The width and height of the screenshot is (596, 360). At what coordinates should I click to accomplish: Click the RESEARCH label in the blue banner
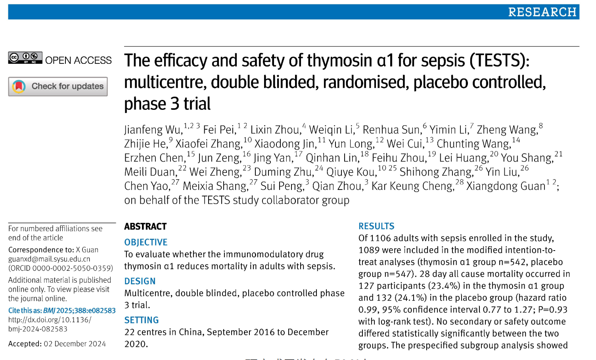click(x=542, y=12)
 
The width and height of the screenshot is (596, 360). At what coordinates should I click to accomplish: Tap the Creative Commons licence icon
click(x=25, y=58)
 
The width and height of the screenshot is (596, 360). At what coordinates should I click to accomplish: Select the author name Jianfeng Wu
click(x=153, y=130)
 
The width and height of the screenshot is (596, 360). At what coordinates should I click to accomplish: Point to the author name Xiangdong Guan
click(x=506, y=186)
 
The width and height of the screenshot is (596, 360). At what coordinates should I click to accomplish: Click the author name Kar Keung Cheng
click(x=413, y=186)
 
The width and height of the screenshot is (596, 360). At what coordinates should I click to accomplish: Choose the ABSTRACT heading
click(x=145, y=226)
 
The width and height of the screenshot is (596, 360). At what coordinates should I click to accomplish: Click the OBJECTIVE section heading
click(x=146, y=242)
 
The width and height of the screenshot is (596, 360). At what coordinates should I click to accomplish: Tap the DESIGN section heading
click(x=140, y=281)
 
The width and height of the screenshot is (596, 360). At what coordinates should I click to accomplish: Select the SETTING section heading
click(x=141, y=320)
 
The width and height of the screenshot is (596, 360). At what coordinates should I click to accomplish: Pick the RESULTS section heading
click(x=376, y=226)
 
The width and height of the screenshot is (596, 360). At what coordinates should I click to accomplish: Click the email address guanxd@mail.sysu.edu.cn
click(x=49, y=259)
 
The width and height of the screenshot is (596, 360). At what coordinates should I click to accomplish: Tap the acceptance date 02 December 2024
click(x=75, y=344)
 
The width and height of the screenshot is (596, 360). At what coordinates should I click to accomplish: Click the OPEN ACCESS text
click(x=78, y=60)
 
